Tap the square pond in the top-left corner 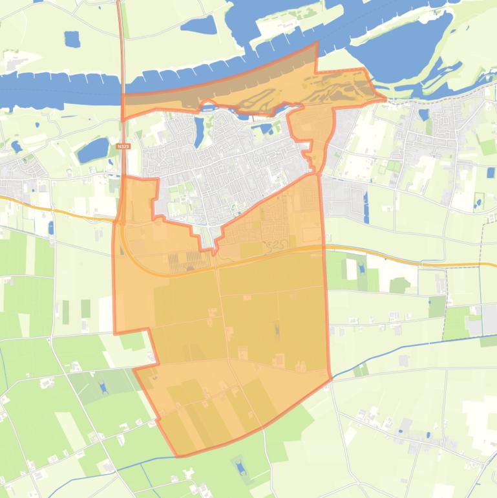click(71, 39)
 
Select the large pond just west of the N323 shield click(92, 151)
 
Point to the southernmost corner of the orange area click(178, 456)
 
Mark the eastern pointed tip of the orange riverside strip click(385, 100)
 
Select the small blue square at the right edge click(491, 173)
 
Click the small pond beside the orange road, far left click(50, 228)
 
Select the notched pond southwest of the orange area click(102, 387)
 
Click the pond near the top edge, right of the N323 click(198, 26)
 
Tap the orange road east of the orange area click(401, 259)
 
